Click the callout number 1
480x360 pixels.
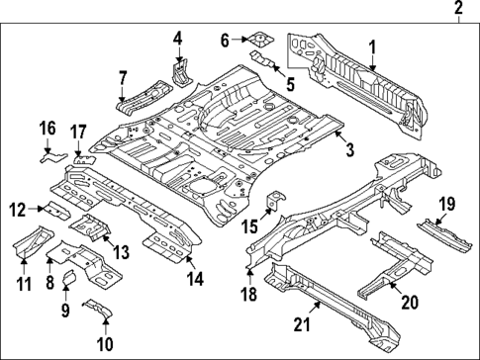point(373,45)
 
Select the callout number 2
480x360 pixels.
point(458,10)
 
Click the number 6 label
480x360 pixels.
point(224,40)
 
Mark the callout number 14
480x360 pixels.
point(195,279)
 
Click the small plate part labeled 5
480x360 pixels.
point(264,60)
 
